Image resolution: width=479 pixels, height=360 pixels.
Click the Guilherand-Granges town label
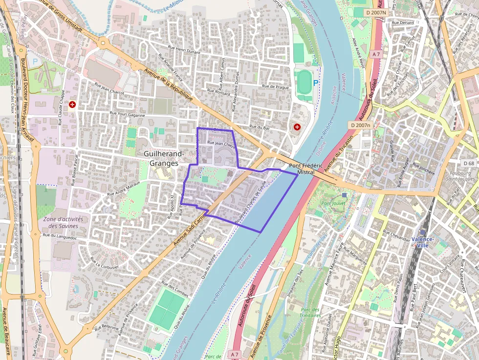click(x=164, y=158)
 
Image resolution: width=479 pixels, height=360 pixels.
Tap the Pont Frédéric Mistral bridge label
click(x=305, y=169)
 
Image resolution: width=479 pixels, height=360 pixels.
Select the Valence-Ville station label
click(x=423, y=242)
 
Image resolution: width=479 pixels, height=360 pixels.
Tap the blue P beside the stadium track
click(x=316, y=83)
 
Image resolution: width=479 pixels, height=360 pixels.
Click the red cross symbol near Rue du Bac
click(x=297, y=127)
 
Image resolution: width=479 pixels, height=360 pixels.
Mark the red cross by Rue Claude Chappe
click(x=73, y=104)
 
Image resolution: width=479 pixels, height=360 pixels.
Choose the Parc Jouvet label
click(x=333, y=203)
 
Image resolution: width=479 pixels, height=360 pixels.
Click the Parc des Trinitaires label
click(x=310, y=313)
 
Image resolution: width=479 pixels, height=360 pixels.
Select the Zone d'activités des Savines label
click(x=63, y=222)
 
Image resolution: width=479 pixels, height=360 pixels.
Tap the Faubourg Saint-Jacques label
click(x=460, y=176)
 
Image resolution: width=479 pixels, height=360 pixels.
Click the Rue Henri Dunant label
click(x=185, y=49)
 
